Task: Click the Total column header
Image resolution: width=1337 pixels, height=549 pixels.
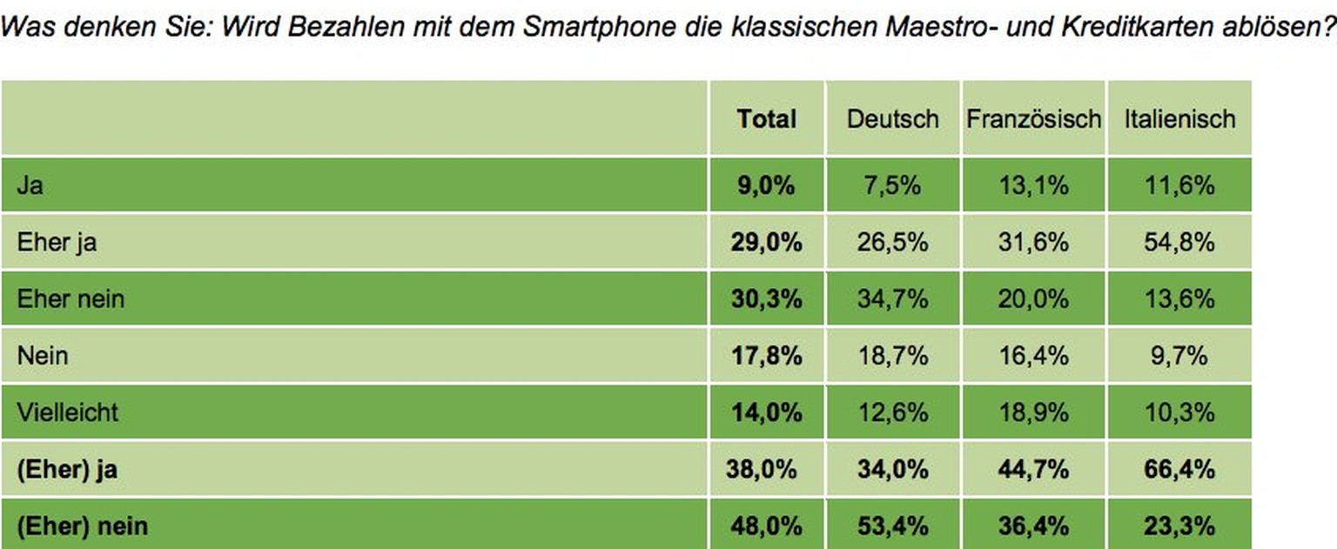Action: [766, 119]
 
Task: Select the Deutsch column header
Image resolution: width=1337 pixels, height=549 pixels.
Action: [892, 119]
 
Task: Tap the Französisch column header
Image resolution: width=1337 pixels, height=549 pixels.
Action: [1033, 119]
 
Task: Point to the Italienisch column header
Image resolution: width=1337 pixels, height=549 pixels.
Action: [1179, 119]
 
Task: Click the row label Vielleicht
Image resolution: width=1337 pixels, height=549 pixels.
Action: [66, 412]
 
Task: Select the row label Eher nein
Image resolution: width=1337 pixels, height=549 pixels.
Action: [71, 298]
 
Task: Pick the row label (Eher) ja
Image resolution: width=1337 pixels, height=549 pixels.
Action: [67, 470]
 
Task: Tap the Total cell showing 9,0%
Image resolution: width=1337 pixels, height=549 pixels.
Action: [766, 185]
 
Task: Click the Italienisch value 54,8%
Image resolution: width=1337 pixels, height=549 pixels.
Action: [1179, 242]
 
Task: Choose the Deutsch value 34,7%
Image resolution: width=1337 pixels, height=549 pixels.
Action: [892, 298]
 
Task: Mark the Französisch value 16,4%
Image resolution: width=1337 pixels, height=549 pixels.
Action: [1033, 355]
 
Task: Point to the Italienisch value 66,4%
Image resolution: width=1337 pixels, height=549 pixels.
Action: [1179, 470]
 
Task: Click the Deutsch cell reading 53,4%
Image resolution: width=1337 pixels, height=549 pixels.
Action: [892, 526]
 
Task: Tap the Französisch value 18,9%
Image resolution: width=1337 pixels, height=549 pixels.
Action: [1033, 412]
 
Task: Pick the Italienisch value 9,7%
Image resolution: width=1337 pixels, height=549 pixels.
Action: [1179, 355]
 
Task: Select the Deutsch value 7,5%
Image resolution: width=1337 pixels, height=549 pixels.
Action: [892, 185]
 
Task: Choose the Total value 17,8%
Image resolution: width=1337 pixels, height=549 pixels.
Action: [766, 355]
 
